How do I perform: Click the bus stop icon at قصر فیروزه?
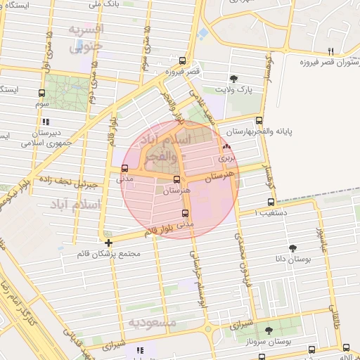[x=183, y=60]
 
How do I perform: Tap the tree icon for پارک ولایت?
[x=234, y=78]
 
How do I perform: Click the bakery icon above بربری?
[x=226, y=147]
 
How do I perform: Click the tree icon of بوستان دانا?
[x=292, y=247]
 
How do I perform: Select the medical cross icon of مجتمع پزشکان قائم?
[x=108, y=243]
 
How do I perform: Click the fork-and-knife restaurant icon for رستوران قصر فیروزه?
[x=330, y=51]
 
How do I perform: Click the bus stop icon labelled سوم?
[x=41, y=93]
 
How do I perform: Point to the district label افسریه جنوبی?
[x=86, y=38]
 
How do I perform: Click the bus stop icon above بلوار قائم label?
[x=186, y=213]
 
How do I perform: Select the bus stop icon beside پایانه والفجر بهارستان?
[x=259, y=120]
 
